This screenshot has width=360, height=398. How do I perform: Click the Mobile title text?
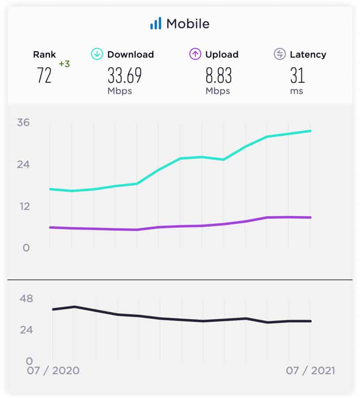click(x=187, y=24)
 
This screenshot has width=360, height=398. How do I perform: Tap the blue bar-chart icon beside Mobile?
click(x=155, y=23)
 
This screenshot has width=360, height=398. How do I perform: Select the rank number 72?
click(x=44, y=76)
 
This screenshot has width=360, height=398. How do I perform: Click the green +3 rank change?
click(x=64, y=64)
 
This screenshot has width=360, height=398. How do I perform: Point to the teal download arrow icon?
click(x=97, y=54)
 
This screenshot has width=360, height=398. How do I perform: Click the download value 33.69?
click(x=125, y=76)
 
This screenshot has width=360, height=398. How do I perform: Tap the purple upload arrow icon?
click(x=195, y=54)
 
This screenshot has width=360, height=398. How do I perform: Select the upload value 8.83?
click(x=218, y=76)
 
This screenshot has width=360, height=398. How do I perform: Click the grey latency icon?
click(x=279, y=54)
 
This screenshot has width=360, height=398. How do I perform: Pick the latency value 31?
click(x=297, y=76)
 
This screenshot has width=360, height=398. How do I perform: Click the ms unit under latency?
click(x=297, y=91)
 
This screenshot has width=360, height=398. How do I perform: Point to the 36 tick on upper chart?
click(x=23, y=122)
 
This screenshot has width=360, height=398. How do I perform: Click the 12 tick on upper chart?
click(x=23, y=206)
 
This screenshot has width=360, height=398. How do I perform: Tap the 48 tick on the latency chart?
click(x=26, y=298)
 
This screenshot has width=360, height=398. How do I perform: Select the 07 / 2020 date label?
click(x=53, y=371)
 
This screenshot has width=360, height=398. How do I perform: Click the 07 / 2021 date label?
click(x=310, y=371)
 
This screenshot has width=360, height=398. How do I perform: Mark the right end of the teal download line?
click(x=311, y=131)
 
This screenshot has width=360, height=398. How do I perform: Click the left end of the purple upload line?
click(x=50, y=227)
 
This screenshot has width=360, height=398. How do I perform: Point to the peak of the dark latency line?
click(x=74, y=306)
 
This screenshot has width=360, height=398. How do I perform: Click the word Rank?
click(x=44, y=55)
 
